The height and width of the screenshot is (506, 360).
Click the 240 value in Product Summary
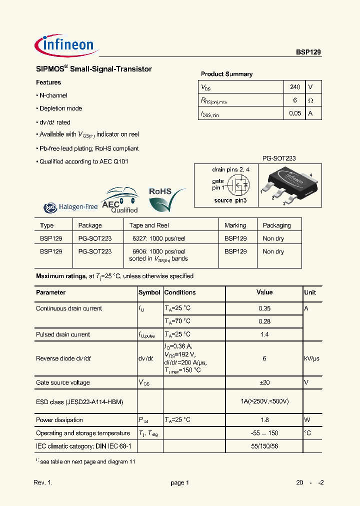(x=295, y=87)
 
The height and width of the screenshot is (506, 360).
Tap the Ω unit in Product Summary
(x=310, y=100)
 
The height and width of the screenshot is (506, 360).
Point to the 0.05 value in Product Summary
(x=295, y=113)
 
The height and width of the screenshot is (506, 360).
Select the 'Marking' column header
(x=235, y=225)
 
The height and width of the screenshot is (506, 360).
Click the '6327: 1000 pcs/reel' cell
(x=158, y=238)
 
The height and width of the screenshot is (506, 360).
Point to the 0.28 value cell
(x=264, y=321)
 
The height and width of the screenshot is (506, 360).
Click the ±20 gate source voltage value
(x=264, y=382)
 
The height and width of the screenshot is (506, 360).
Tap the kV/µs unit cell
(x=312, y=358)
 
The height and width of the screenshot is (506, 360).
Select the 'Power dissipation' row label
(x=59, y=420)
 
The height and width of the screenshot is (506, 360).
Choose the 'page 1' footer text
(x=180, y=483)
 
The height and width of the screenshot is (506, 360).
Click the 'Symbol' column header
(x=149, y=292)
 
